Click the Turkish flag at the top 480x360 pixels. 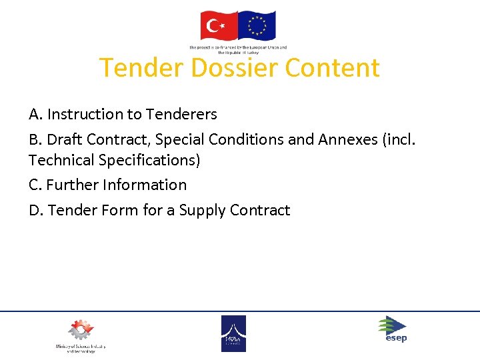pyautogui.click(x=219, y=26)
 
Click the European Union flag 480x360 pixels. pyautogui.click(x=257, y=26)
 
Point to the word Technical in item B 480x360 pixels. pyautogui.click(x=59, y=160)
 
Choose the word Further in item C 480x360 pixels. pyautogui.click(x=69, y=185)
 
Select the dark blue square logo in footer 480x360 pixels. pyautogui.click(x=233, y=333)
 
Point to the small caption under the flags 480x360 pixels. pyautogui.click(x=238, y=49)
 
